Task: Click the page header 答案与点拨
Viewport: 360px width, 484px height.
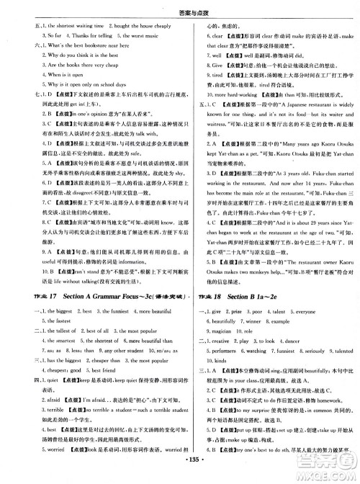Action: tap(179, 6)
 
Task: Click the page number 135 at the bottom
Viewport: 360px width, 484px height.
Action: tap(179, 475)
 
